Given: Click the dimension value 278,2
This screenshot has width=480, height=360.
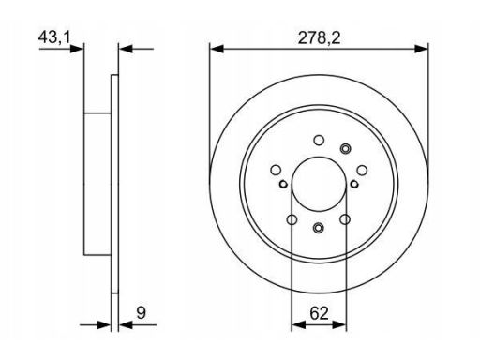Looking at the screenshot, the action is (319, 38).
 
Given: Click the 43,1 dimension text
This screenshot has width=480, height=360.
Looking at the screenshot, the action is (54, 37).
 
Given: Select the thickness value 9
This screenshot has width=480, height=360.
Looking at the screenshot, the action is (142, 312).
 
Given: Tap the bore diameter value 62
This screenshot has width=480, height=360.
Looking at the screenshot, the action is (319, 313).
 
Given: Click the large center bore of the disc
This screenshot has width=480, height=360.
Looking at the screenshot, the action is (319, 184).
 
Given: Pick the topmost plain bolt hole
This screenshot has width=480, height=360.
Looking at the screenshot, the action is (319, 141).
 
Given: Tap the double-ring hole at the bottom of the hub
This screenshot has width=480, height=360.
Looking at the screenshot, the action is (319, 228).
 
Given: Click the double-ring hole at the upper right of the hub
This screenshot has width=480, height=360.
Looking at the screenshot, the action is (345, 148).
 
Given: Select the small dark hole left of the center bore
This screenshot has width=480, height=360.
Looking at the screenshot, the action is (283, 184).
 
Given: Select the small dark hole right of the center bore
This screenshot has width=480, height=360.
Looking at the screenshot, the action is (354, 184).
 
